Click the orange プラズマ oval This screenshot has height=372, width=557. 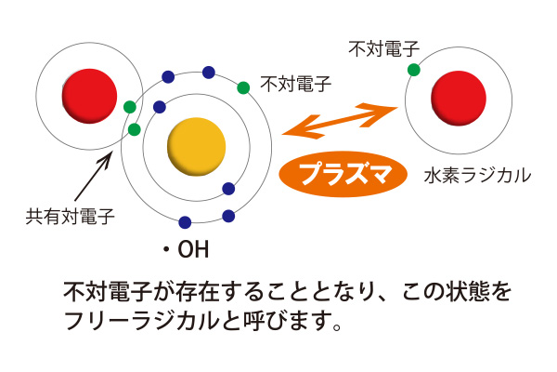coord(343,174)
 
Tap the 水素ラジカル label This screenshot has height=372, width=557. coord(477,176)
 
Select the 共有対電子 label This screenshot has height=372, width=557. coord(70,217)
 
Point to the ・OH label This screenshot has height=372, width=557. coord(186,249)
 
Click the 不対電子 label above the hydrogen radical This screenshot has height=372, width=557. coord(383,48)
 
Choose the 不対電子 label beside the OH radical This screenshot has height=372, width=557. coord(295,84)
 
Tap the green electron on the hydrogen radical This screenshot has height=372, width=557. coord(413,70)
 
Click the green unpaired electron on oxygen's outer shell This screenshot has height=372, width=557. coord(243,87)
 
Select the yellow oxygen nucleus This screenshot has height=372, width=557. coord(197,147)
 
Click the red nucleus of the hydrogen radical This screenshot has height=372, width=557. coord(459,99)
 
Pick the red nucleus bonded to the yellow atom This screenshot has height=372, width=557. coord(89,96)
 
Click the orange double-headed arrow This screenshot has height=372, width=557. coord(340,121)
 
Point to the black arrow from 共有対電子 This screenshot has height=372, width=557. coord(94,176)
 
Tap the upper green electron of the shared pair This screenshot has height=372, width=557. coord(130,107)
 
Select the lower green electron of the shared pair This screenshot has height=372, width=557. coord(134,129)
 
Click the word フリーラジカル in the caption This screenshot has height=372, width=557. coord(141,321)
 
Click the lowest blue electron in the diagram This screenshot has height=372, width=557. coord(185,222)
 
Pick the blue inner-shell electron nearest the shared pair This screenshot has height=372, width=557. coord(160,107)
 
